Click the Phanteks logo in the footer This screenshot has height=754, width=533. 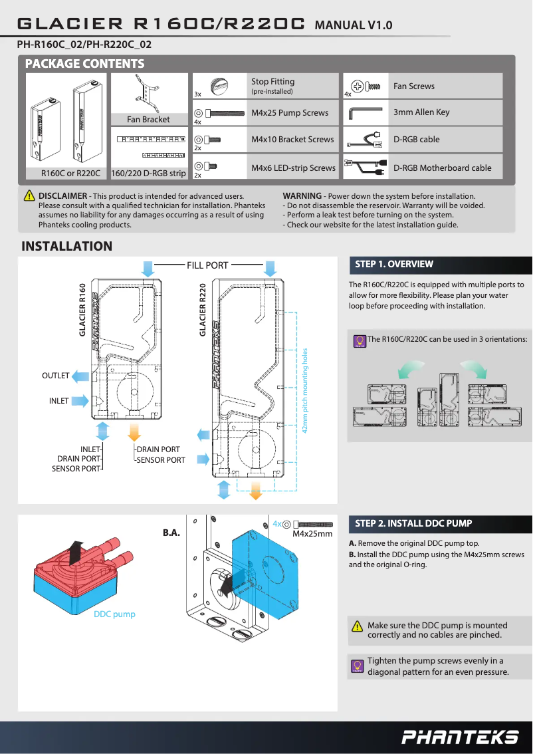(x=460, y=737)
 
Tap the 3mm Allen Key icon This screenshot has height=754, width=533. (x=365, y=112)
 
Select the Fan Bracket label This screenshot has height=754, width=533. (x=148, y=120)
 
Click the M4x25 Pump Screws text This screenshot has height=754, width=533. (x=290, y=113)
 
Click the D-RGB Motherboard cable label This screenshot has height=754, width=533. (x=442, y=168)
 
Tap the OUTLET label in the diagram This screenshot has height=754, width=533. (x=55, y=376)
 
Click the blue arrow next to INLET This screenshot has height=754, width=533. (x=79, y=401)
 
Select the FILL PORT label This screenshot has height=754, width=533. (x=207, y=265)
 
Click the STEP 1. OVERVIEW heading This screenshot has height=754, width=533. (x=394, y=265)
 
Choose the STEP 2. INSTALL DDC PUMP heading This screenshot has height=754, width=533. (x=413, y=523)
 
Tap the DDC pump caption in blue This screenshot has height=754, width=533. (x=114, y=614)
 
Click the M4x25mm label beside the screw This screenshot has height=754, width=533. (x=312, y=534)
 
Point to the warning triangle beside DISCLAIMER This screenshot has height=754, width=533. (x=29, y=196)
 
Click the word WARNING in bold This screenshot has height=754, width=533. (x=302, y=196)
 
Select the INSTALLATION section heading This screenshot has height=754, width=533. (x=67, y=247)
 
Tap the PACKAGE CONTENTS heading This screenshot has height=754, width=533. (x=84, y=64)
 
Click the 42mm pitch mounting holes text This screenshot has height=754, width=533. (x=305, y=390)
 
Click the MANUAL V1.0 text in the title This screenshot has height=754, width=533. (x=353, y=26)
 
